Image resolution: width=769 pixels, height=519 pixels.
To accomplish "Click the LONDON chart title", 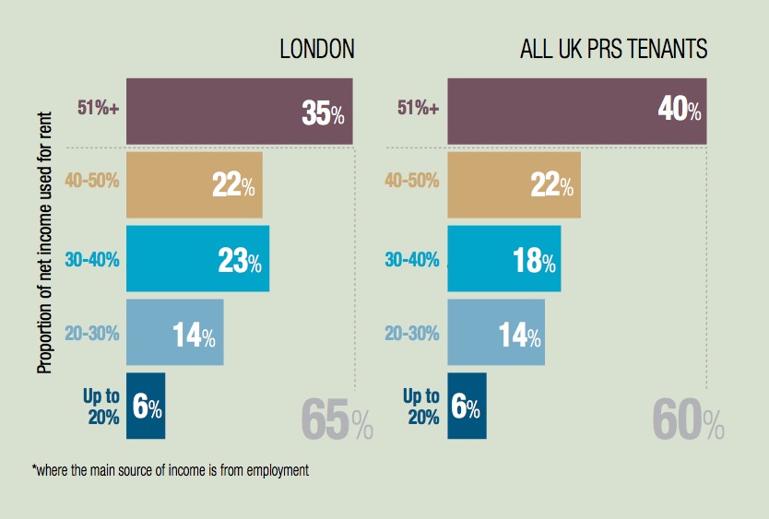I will [316, 49].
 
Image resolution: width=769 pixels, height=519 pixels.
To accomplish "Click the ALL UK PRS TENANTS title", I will [613, 49].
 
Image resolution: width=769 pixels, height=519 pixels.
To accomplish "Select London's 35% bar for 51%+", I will [239, 112].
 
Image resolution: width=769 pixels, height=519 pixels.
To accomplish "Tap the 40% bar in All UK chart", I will [576, 112].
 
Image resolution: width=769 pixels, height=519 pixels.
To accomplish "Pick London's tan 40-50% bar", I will [194, 184].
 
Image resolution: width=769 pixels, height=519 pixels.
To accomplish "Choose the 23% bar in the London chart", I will [197, 259].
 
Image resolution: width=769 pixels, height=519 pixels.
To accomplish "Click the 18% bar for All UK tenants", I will [503, 259].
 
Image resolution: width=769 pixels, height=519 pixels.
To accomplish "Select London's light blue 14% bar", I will [174, 333].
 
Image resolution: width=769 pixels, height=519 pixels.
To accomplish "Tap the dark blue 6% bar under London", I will [146, 407].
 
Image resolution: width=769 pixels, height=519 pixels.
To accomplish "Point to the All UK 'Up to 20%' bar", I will [467, 407].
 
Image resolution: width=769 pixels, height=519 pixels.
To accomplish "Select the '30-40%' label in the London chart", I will [92, 260].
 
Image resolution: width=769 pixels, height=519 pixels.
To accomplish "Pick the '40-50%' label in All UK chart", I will [412, 181].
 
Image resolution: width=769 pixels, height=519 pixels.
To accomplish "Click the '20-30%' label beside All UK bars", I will [412, 334].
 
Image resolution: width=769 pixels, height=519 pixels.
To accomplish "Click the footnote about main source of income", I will [170, 470].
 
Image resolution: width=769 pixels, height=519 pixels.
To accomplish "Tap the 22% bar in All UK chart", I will [514, 184].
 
